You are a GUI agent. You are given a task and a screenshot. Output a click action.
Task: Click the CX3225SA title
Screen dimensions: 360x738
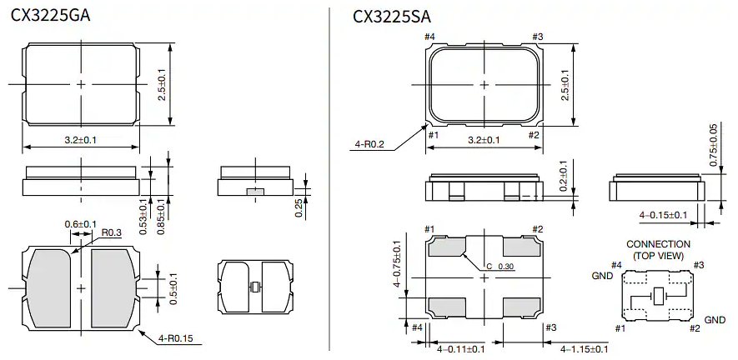point(392,16)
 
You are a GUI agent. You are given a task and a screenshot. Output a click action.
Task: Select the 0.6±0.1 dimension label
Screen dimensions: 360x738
point(81,224)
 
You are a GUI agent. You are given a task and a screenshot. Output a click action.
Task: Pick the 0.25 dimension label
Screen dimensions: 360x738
point(299,207)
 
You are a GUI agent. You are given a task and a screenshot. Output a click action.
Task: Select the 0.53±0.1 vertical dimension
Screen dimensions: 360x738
point(142,216)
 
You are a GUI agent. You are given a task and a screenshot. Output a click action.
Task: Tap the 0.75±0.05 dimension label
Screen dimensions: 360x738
point(713,146)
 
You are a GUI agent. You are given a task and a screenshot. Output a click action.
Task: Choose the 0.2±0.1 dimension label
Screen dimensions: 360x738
point(563,177)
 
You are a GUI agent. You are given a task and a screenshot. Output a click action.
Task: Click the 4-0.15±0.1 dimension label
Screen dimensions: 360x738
point(664,215)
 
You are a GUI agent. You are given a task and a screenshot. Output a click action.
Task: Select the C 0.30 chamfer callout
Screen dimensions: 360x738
point(500,267)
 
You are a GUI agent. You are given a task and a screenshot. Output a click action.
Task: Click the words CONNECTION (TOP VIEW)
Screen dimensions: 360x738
point(659,249)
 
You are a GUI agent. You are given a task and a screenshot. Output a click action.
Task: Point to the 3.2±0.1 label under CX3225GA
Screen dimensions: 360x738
point(81,140)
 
